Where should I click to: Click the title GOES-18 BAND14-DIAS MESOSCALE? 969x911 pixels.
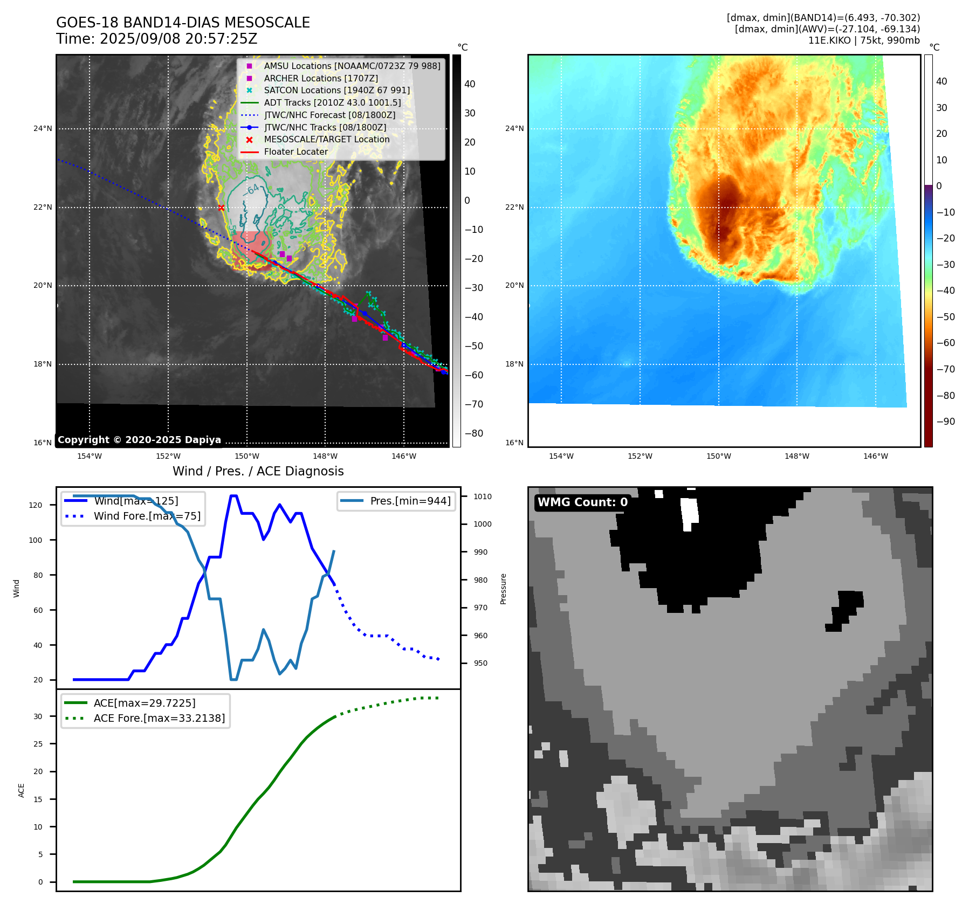click(183, 23)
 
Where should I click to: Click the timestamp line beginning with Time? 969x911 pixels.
click(156, 39)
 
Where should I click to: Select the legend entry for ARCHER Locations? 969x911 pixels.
click(321, 78)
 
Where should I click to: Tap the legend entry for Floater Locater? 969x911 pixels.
click(295, 152)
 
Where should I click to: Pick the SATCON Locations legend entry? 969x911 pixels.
click(336, 91)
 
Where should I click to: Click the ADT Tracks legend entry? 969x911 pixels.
click(332, 102)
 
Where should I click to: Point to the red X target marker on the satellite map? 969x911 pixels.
click(221, 208)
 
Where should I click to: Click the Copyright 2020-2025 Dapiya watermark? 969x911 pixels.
click(139, 440)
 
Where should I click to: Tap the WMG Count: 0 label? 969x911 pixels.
click(582, 502)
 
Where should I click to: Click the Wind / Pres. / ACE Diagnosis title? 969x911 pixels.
click(258, 471)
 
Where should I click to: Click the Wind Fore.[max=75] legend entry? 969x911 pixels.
click(147, 516)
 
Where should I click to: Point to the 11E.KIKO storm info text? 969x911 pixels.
click(864, 40)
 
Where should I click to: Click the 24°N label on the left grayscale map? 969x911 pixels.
click(43, 129)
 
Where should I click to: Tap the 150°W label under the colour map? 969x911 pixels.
click(718, 456)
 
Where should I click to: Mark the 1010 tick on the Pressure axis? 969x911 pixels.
click(483, 496)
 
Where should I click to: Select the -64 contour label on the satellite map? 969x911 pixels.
click(251, 190)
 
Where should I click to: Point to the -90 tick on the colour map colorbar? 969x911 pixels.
click(946, 422)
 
